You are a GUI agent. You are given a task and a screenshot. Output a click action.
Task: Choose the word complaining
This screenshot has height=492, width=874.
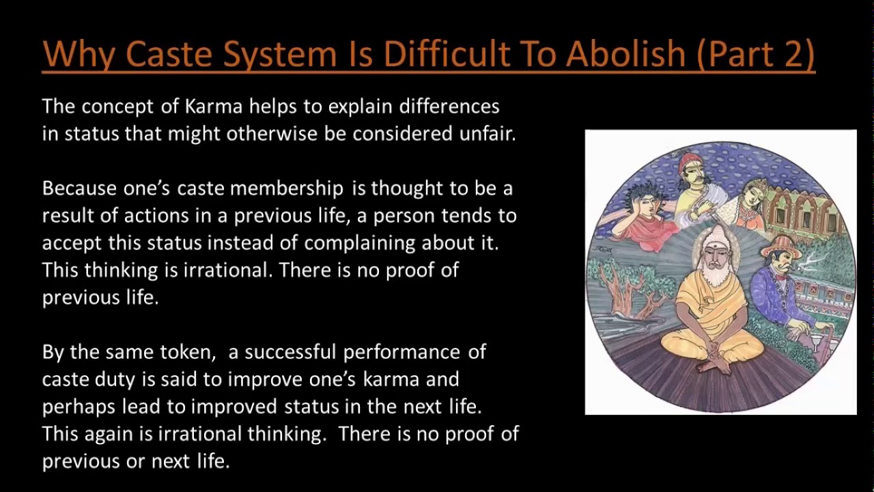pyautogui.click(x=360, y=243)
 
